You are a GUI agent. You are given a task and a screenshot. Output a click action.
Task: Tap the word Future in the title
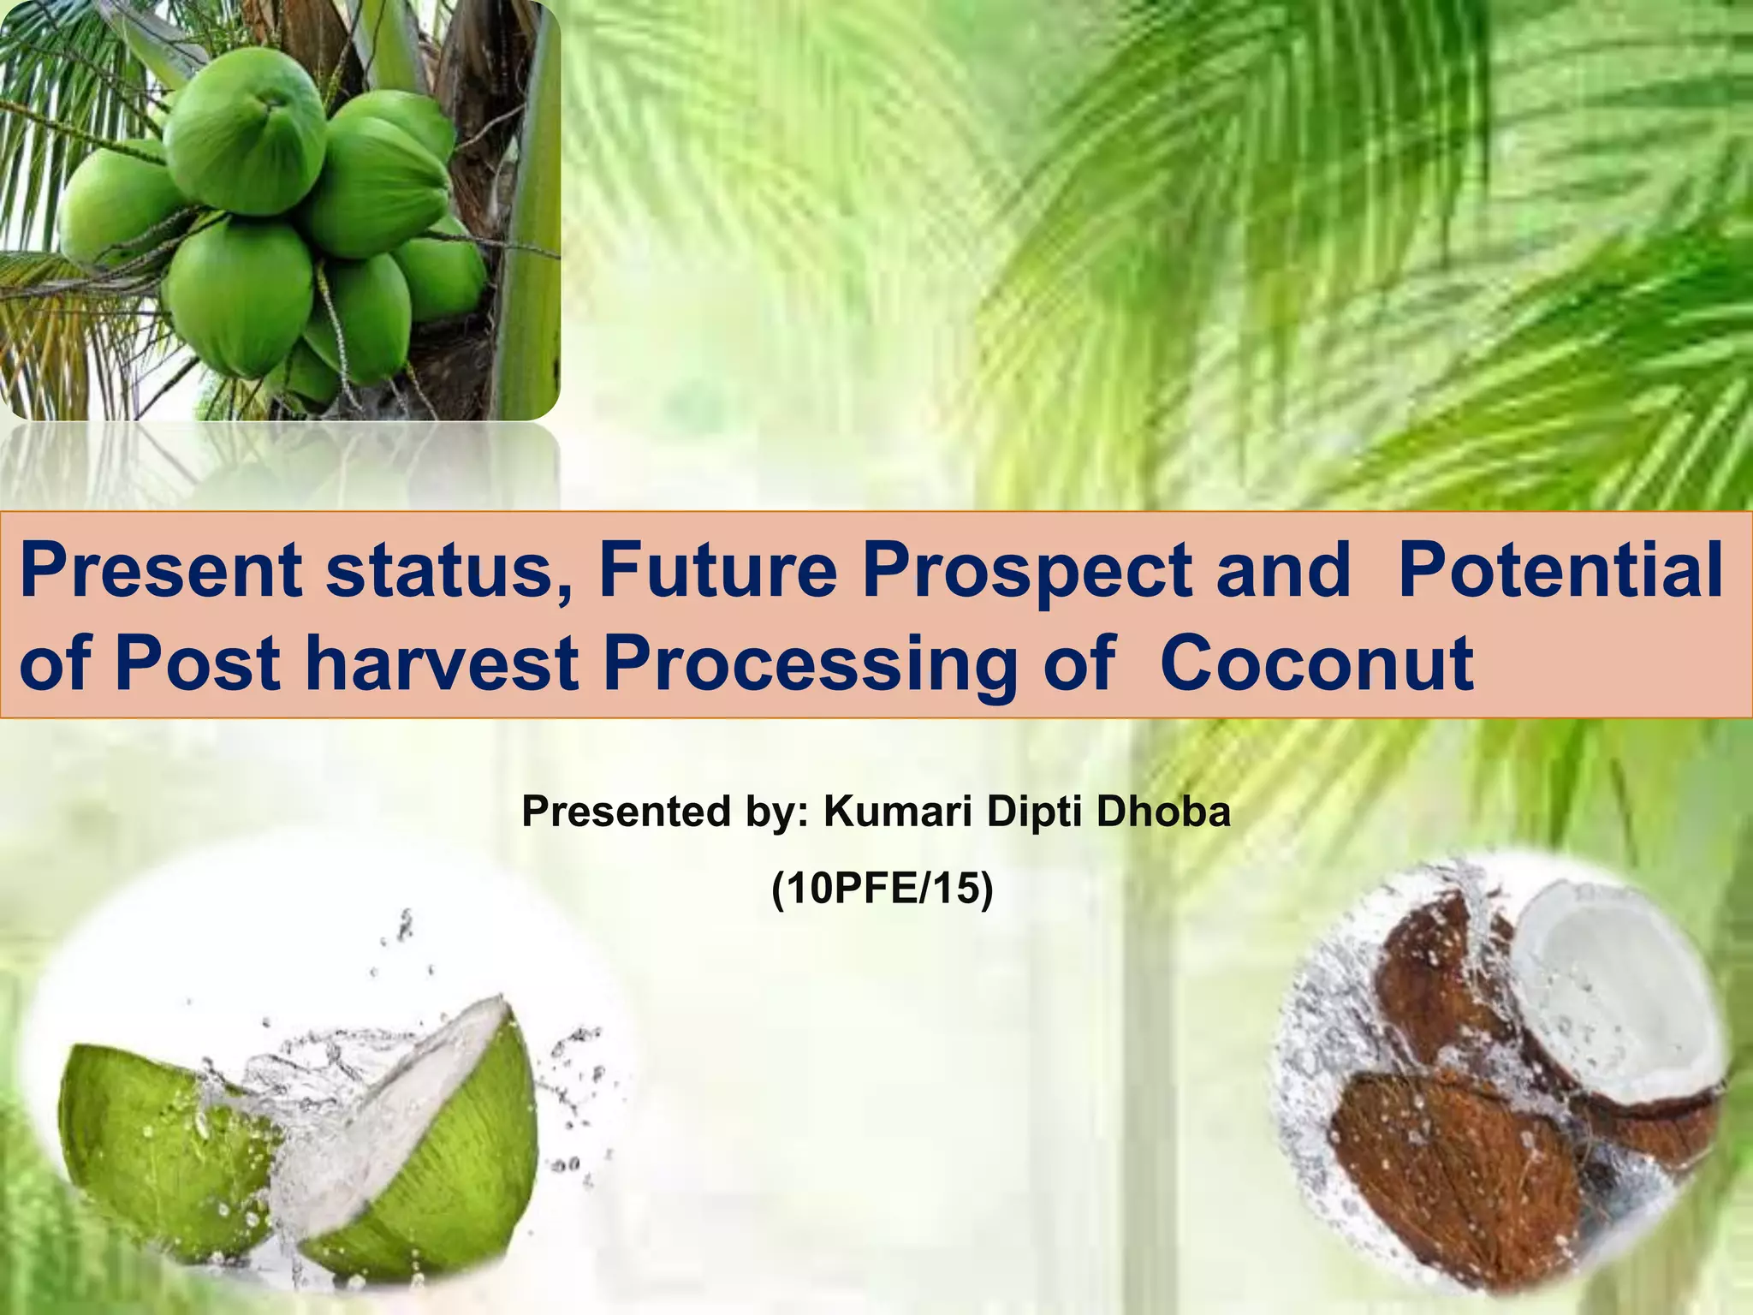point(717,571)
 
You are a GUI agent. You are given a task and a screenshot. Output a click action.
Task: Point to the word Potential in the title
point(1560,571)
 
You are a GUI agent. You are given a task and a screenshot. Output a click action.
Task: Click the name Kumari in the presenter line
point(897,811)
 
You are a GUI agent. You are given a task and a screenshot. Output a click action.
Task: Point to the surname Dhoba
point(1163,811)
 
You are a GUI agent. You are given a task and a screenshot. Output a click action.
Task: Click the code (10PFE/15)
point(882,890)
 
